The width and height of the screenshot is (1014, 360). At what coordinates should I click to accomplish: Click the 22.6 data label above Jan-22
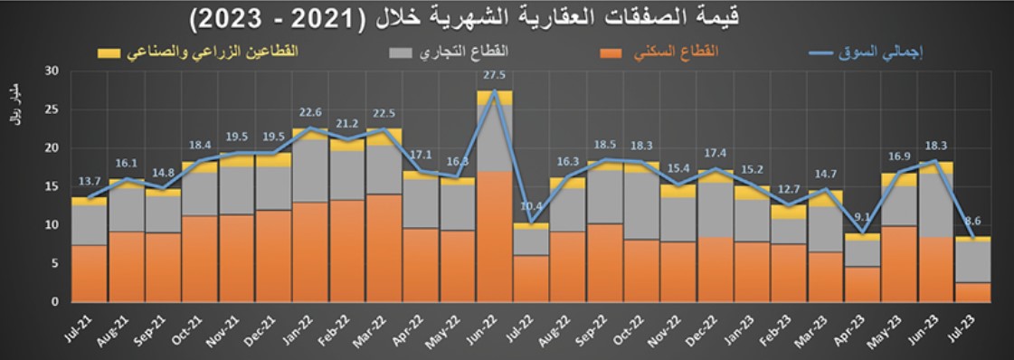[310, 113]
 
